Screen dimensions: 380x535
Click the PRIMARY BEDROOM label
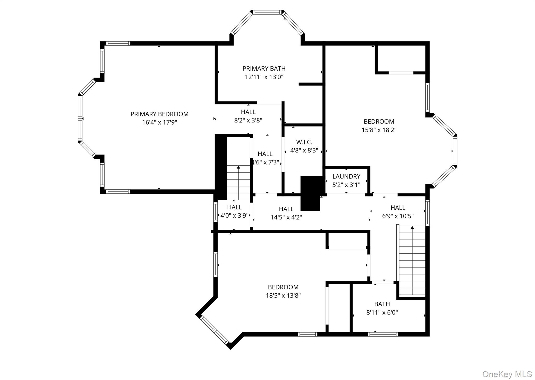[x=159, y=114]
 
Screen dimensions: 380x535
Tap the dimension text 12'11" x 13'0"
[x=264, y=77]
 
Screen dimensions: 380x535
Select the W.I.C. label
[x=304, y=142]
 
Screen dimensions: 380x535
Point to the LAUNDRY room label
[x=346, y=176]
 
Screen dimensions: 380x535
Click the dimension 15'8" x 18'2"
[x=379, y=130]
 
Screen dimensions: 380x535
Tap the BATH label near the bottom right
[x=382, y=304]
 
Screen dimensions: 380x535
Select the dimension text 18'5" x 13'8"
[x=283, y=295]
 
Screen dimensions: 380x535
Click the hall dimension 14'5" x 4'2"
[x=286, y=217]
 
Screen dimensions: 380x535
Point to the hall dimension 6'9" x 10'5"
[x=398, y=216]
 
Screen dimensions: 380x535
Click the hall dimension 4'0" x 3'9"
[x=234, y=216]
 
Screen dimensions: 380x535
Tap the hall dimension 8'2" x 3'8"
[x=248, y=120]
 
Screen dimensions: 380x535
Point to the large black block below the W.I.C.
[x=311, y=193]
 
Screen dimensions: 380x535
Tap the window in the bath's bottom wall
[x=383, y=334]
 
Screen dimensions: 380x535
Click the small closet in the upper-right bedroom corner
[x=401, y=59]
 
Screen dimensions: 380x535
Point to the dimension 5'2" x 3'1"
[x=346, y=185]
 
